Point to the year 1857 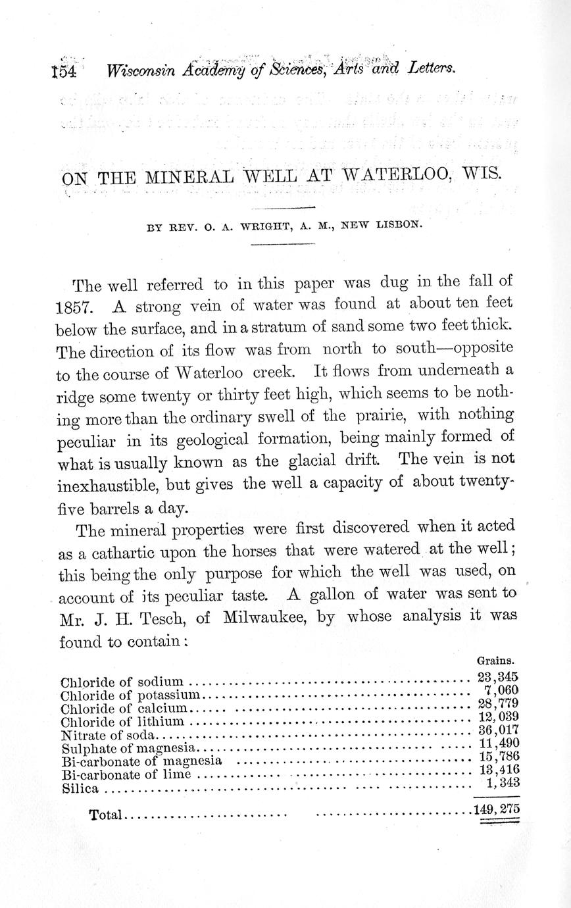coord(79,308)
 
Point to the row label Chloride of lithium coord(122,722)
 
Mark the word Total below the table coord(106,815)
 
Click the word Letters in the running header coord(432,68)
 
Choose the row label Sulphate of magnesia coord(129,748)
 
